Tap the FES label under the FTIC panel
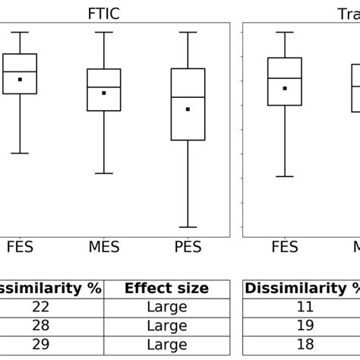click(20, 248)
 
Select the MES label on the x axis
click(104, 248)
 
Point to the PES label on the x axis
click(188, 248)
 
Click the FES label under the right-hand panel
click(285, 248)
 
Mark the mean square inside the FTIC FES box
click(20, 79)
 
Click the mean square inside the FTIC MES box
click(104, 93)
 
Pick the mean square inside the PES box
click(188, 109)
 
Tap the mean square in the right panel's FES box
click(285, 88)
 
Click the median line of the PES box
click(188, 97)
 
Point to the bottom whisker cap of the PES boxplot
click(188, 227)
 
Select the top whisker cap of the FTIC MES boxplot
click(104, 33)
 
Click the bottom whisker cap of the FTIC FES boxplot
click(20, 153)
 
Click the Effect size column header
click(166, 289)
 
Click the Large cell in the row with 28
click(166, 326)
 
